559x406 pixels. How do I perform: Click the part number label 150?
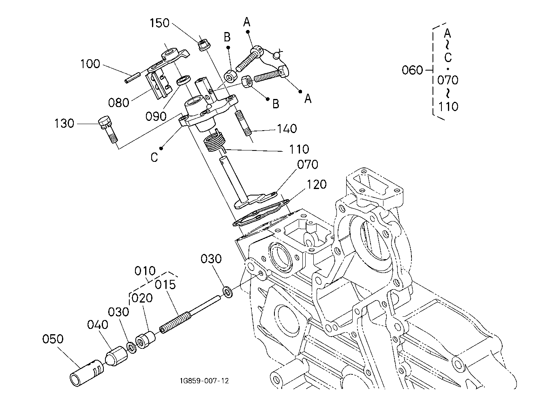pos(159,23)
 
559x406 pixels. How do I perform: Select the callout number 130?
pos(64,124)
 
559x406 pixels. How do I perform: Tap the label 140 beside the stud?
pos(287,129)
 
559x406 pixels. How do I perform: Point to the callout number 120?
pos(317,185)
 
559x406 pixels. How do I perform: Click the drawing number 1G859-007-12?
pos(204,381)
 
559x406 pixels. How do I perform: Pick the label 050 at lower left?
pos(53,339)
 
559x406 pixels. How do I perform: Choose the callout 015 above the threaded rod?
pos(165,285)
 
